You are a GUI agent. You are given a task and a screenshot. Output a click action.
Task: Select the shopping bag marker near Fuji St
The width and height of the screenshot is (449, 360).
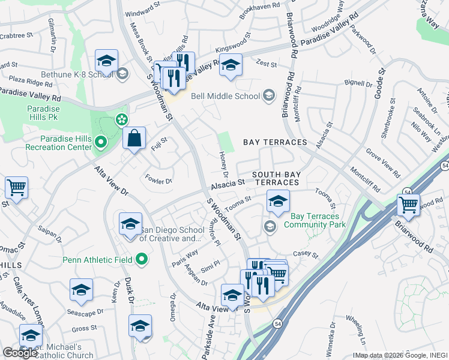[134, 139]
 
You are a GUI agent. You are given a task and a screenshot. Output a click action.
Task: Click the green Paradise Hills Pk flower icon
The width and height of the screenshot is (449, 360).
[122, 119]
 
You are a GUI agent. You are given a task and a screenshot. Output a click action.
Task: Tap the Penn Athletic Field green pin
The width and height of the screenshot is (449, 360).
[142, 260]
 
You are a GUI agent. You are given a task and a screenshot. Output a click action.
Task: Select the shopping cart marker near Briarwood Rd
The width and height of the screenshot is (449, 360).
[409, 205]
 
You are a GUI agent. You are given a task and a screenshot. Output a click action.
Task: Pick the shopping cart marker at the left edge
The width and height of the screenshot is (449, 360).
[16, 187]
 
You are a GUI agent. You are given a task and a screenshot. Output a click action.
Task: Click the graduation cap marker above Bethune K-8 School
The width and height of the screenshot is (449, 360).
[106, 61]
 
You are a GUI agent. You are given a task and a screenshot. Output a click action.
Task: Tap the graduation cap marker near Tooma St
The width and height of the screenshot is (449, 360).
[278, 202]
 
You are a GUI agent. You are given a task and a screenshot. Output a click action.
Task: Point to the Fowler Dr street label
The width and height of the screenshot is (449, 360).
[159, 179]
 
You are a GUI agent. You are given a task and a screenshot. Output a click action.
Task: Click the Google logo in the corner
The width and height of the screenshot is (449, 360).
[19, 353]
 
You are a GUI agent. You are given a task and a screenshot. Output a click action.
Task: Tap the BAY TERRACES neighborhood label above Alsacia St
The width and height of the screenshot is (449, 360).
[275, 142]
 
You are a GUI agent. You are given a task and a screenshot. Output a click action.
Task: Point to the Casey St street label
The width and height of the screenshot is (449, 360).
[306, 256]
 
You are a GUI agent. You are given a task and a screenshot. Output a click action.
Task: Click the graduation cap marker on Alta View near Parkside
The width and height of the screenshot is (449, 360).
[232, 295]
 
